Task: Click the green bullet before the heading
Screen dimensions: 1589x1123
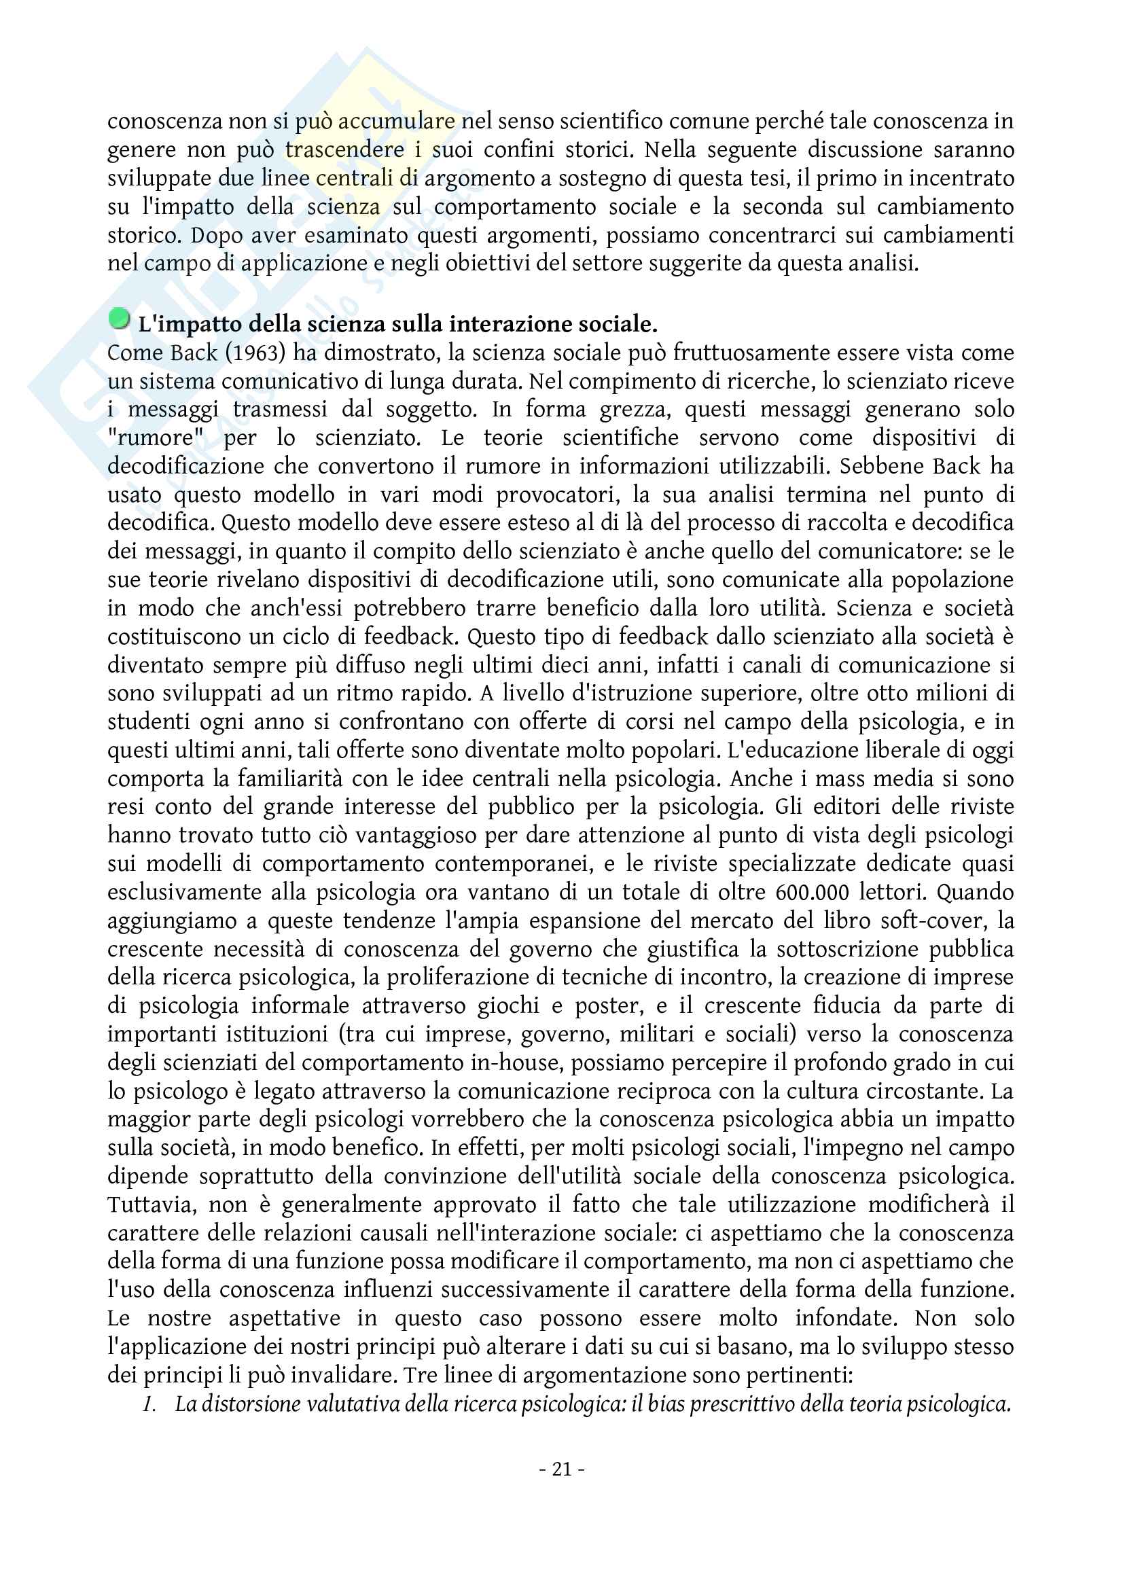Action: pos(120,319)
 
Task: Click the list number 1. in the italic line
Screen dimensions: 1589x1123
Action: pos(149,1404)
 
